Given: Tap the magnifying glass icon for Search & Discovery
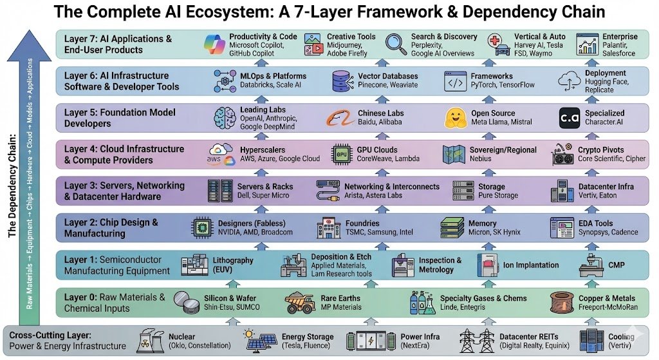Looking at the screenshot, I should [x=394, y=43].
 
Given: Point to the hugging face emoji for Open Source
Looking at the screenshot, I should [x=455, y=118].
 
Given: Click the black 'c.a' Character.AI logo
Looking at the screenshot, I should [x=570, y=118].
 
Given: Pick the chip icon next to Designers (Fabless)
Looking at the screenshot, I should [x=203, y=228].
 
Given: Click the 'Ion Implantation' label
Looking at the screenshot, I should [x=531, y=265].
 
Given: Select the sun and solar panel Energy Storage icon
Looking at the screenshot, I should [x=260, y=341].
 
